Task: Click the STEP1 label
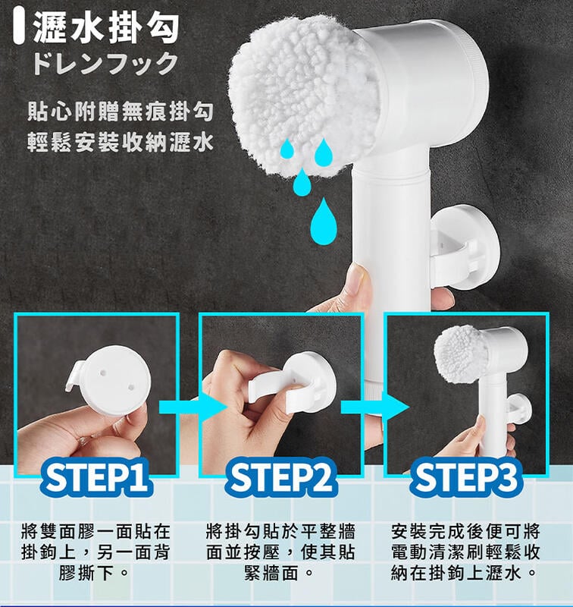[x=96, y=478]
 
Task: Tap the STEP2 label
[x=280, y=478]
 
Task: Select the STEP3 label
[x=465, y=478]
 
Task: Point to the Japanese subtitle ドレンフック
[x=105, y=63]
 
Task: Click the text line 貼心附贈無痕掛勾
[x=121, y=112]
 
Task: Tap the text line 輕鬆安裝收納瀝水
[x=121, y=142]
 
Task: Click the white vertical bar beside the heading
[x=18, y=28]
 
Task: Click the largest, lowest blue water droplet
[x=324, y=221]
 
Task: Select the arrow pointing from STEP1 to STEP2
[x=193, y=407]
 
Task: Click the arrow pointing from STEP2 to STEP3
[x=375, y=407]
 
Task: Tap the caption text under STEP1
[x=96, y=552]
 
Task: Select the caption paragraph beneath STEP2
[x=280, y=552]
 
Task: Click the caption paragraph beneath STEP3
[x=465, y=552]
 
